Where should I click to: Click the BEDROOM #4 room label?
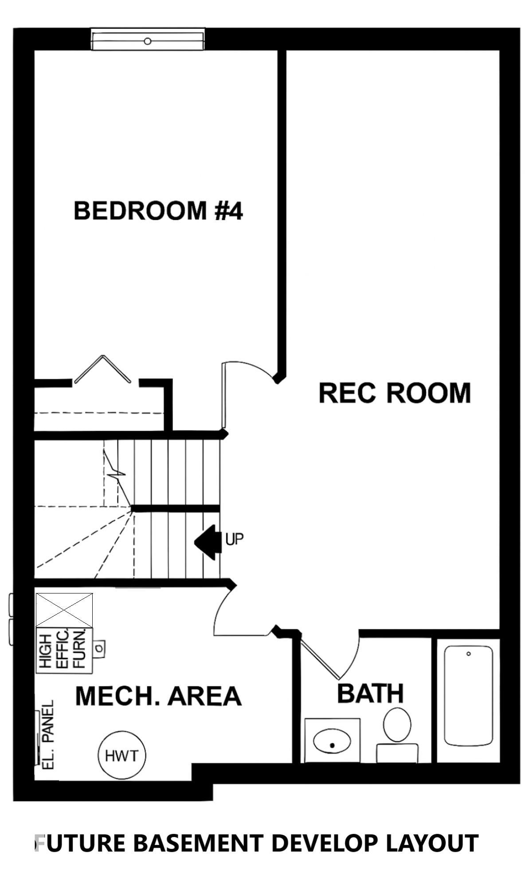[158, 210]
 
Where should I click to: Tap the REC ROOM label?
[395, 393]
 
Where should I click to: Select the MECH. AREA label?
[158, 696]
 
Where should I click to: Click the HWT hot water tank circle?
[122, 755]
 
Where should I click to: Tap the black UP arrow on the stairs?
[208, 541]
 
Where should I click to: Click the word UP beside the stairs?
[235, 539]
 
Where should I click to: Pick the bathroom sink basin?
[332, 741]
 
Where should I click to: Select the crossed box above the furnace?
[64, 610]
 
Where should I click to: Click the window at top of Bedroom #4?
[148, 40]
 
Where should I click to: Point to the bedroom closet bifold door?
[103, 368]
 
